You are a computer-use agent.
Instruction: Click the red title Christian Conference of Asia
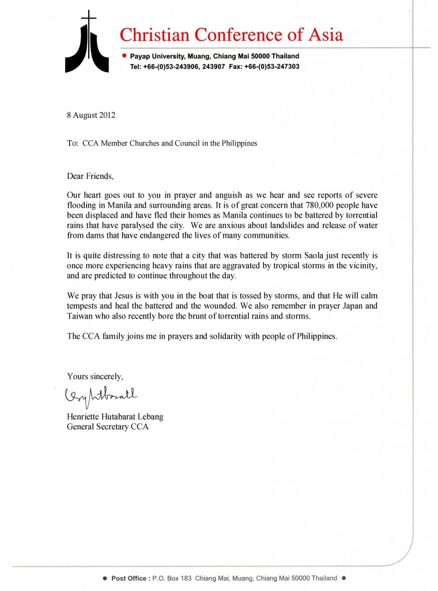(231, 35)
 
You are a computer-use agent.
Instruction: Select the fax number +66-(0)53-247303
(271, 67)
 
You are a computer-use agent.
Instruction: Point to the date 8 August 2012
(91, 115)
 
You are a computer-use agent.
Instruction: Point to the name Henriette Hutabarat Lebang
(116, 417)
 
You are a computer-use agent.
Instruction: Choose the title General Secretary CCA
(108, 427)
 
